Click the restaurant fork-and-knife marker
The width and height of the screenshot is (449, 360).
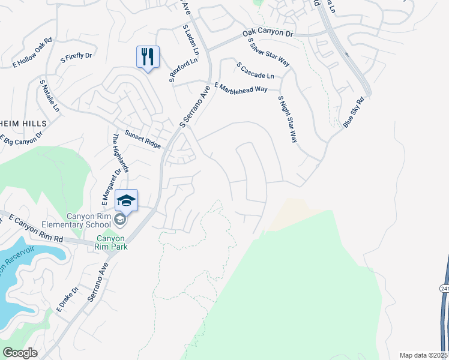click(x=148, y=58)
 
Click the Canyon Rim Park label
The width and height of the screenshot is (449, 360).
click(x=112, y=242)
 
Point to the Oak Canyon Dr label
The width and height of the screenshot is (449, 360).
click(x=268, y=34)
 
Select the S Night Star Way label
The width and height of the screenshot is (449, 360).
click(x=288, y=119)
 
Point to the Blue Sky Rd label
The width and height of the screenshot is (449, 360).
click(x=354, y=112)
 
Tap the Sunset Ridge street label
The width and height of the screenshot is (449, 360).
click(x=142, y=139)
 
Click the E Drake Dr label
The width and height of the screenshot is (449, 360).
click(x=64, y=301)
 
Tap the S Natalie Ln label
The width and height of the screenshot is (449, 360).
click(x=50, y=95)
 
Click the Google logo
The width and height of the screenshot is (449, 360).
click(x=20, y=353)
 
